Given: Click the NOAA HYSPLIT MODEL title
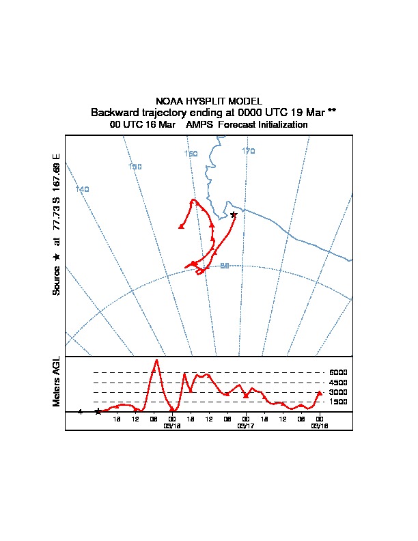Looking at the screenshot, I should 209,101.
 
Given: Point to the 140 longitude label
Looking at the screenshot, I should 83,189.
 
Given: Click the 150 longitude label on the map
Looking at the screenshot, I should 135,167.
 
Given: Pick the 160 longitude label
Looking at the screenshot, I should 191,154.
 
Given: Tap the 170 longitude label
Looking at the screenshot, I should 248,151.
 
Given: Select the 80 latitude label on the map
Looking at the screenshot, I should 224,266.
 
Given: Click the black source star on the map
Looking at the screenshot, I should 234,214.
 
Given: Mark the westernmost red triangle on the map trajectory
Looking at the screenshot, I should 181,226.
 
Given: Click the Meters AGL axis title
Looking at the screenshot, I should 57,381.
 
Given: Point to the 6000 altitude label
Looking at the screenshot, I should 338,372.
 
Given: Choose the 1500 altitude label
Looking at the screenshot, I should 338,402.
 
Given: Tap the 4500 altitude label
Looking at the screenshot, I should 338,383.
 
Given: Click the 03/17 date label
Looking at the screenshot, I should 245,426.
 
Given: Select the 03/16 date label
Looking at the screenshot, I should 319,426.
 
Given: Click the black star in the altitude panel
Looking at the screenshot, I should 98,411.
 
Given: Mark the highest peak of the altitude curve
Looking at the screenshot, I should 156,360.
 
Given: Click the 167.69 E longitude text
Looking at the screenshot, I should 57,175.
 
